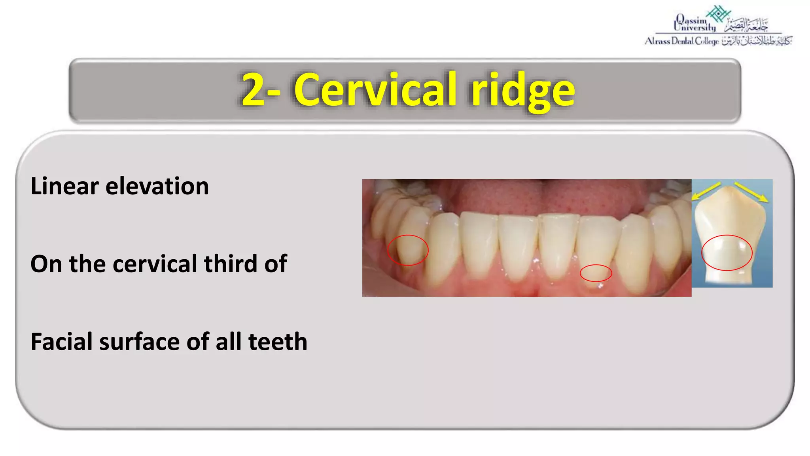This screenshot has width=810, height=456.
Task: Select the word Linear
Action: pyautogui.click(x=64, y=186)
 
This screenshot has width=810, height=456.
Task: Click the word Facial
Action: pyautogui.click(x=61, y=342)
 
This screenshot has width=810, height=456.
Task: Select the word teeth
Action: pyautogui.click(x=278, y=342)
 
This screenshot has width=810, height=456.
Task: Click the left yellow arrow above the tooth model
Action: pyautogui.click(x=706, y=190)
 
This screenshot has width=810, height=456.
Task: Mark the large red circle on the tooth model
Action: pyautogui.click(x=727, y=253)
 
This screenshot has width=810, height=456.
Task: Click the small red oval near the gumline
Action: pyautogui.click(x=596, y=273)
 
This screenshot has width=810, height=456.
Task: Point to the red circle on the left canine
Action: pyautogui.click(x=408, y=250)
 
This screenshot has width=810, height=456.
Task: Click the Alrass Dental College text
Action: pyautogui.click(x=681, y=41)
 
